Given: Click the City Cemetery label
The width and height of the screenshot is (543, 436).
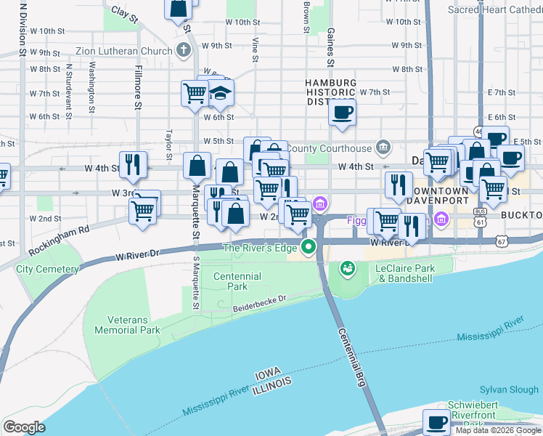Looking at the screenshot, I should click(x=47, y=269).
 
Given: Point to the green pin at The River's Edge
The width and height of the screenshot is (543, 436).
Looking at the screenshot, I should click(x=309, y=248).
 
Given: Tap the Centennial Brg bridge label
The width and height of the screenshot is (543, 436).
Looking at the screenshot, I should click(x=351, y=356).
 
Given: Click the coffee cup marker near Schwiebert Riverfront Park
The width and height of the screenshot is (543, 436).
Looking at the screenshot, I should click(x=437, y=421).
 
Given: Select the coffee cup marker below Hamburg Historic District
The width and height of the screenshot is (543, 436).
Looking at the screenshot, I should click(x=342, y=112).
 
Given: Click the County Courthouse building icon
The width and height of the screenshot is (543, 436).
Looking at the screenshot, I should click(x=383, y=148).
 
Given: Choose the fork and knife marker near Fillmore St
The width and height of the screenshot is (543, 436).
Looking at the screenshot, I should click(x=133, y=164).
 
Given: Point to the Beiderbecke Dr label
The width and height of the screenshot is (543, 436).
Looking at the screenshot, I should click(x=261, y=304).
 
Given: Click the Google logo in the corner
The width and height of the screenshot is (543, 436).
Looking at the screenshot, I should click(x=24, y=427).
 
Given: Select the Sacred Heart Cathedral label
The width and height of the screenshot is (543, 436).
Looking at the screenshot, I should click(x=495, y=10).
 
